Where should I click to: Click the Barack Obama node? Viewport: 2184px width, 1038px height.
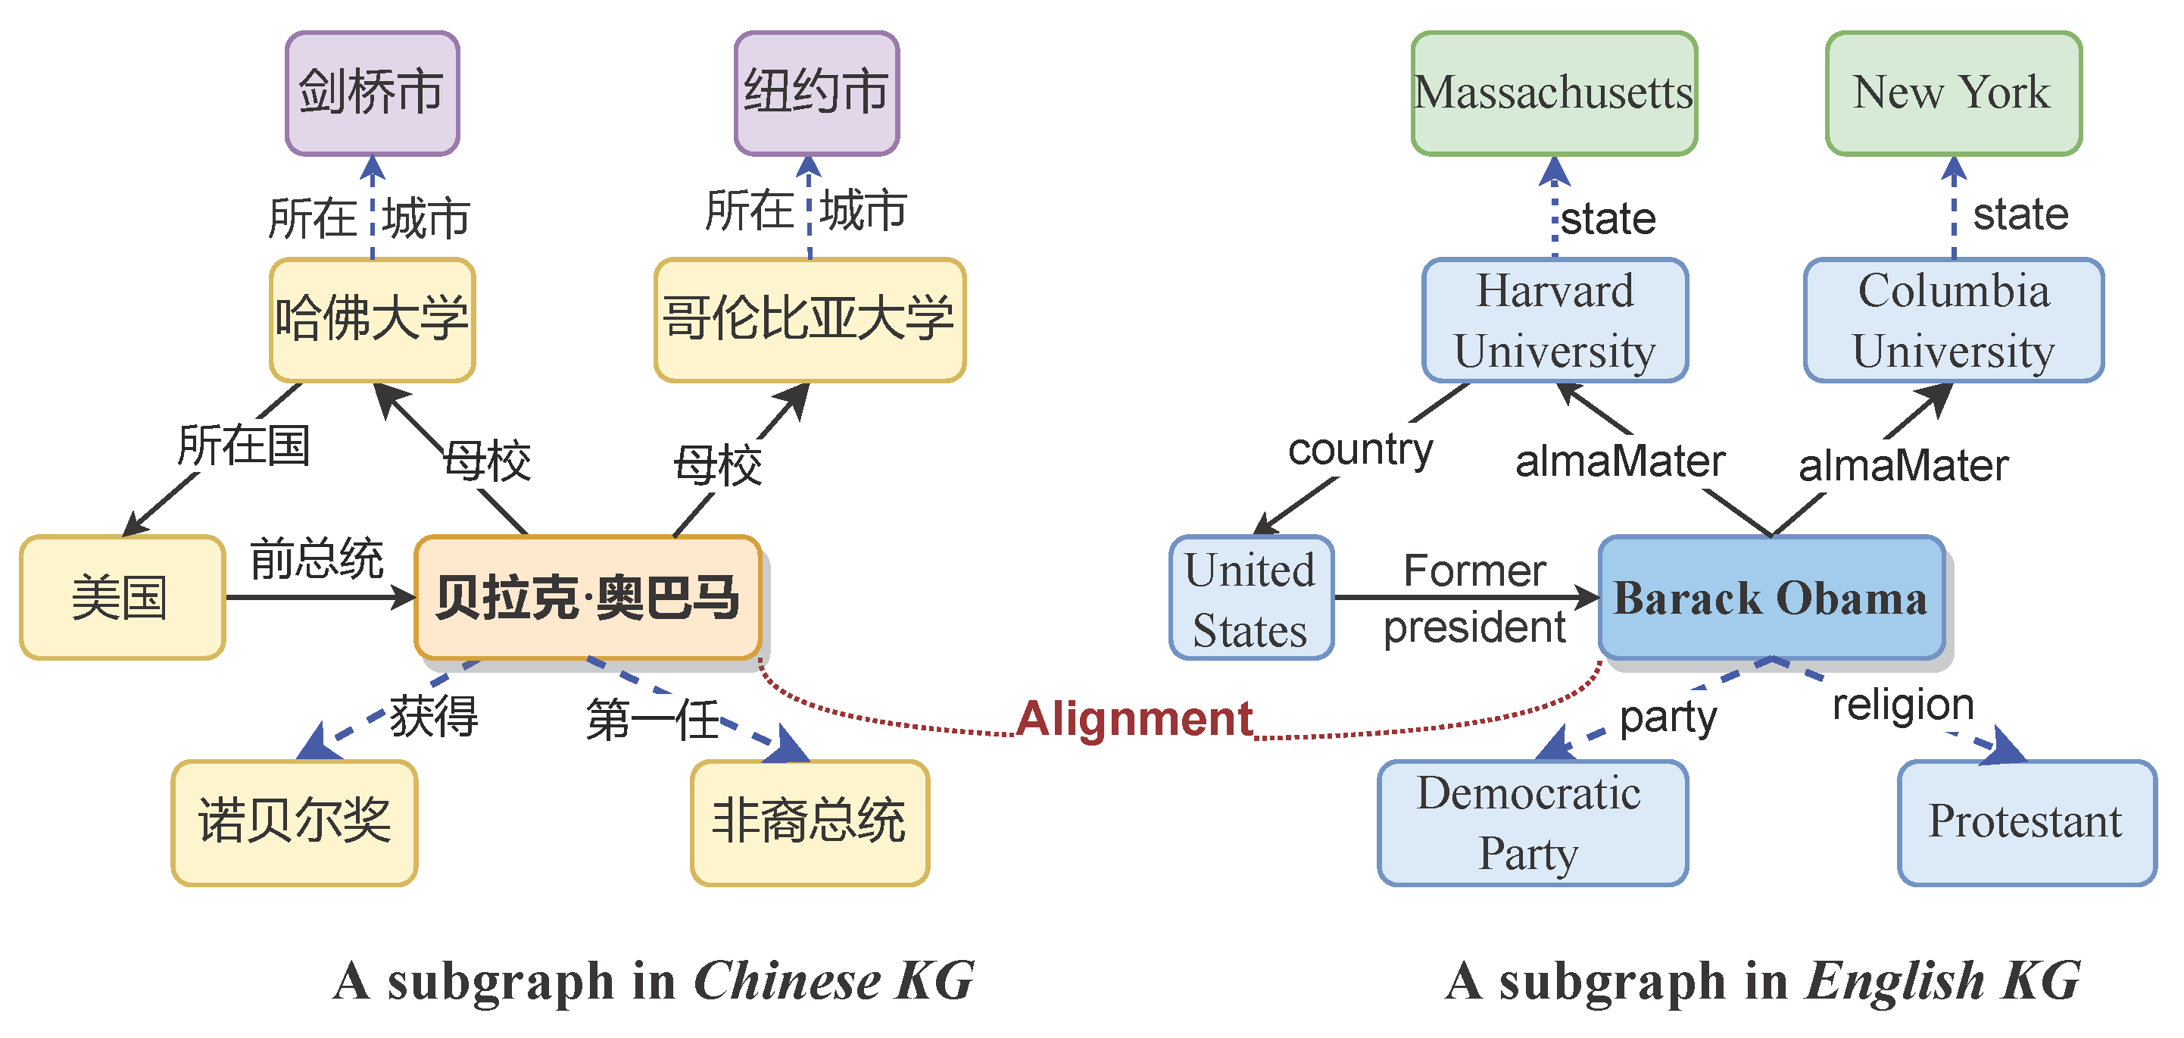point(1771,598)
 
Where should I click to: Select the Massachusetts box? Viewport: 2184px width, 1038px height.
point(1554,93)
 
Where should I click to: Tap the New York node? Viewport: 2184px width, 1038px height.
point(1952,93)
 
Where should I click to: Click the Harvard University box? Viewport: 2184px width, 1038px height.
point(1555,320)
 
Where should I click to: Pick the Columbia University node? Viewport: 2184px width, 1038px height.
point(1953,320)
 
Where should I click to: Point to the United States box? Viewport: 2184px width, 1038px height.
point(1250,598)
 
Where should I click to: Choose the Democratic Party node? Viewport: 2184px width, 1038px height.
point(1532,823)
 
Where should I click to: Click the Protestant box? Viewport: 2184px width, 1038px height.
point(2026,823)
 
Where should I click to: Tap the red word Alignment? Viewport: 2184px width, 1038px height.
point(1134,719)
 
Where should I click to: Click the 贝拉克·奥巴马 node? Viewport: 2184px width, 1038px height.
point(588,598)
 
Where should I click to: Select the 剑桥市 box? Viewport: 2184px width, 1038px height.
point(372,93)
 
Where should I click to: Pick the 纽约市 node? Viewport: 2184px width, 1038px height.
point(816,93)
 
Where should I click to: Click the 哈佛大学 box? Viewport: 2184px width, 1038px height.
point(372,320)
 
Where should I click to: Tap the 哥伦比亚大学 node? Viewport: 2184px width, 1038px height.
point(810,320)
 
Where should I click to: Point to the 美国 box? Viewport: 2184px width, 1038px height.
point(122,598)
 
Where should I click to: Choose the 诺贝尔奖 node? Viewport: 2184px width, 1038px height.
point(294,823)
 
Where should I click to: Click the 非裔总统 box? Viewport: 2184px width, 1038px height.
point(810,823)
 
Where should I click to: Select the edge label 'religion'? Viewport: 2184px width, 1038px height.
point(1902,705)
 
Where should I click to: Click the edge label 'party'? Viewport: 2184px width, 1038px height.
point(1668,718)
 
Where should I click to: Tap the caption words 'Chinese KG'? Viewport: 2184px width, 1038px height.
point(835,981)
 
